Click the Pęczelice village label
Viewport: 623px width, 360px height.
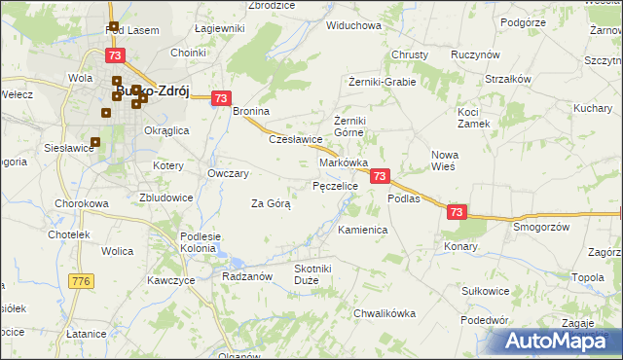[x=335, y=185]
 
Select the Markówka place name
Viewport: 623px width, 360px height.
[x=343, y=163]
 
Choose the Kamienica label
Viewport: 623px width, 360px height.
[x=362, y=231]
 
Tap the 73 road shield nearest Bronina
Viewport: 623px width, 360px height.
[x=221, y=98]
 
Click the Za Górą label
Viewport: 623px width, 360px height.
[x=271, y=203]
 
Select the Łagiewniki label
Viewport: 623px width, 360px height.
[x=219, y=29]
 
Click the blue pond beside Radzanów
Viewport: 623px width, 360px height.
[x=236, y=261]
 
